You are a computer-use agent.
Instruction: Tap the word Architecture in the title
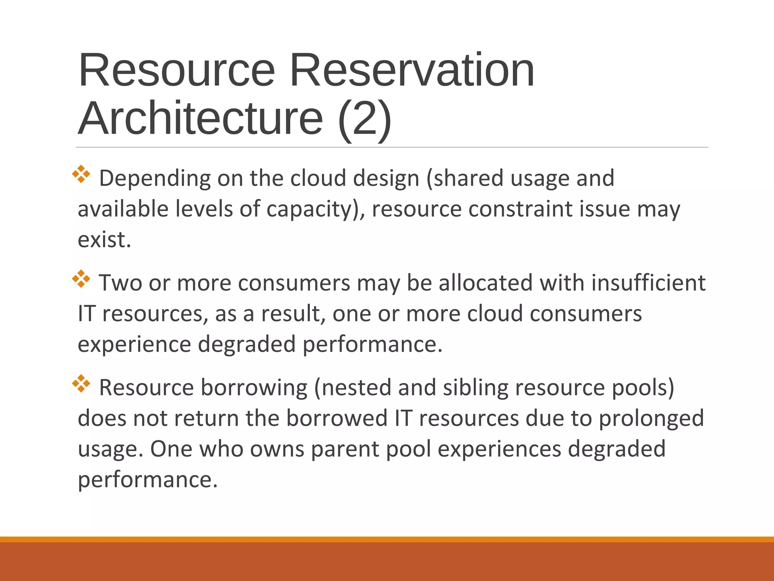(201, 118)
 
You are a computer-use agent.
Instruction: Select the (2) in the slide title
(364, 119)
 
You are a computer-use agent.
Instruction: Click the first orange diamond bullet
(81, 174)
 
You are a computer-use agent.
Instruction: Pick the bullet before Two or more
(81, 279)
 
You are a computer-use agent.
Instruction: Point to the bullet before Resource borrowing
(81, 384)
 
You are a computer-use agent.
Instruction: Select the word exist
(104, 240)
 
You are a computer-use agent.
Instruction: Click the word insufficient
(648, 283)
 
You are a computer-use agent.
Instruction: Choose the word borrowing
(254, 388)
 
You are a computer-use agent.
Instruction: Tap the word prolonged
(652, 419)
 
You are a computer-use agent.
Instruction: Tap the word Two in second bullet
(121, 283)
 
